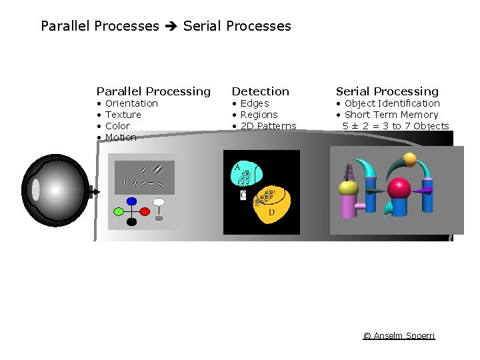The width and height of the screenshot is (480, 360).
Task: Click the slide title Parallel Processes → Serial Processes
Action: coord(166,26)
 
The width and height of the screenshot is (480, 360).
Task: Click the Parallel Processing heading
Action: coord(153,91)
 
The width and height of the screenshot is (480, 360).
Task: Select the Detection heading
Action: coord(260,91)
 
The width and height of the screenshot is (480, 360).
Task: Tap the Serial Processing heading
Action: coord(387,91)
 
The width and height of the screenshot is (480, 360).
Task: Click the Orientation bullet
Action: coord(131,103)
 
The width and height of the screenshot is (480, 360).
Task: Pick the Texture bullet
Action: coord(123,115)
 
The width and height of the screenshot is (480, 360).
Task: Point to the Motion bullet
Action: coord(121,137)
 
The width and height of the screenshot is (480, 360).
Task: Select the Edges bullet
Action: coord(254,103)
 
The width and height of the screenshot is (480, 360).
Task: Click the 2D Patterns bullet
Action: coord(268,126)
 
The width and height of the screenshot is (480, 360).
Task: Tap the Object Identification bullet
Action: coord(392,103)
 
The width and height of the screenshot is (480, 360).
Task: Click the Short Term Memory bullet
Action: coord(391,115)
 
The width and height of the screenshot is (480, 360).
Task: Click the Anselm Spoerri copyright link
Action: coord(399,335)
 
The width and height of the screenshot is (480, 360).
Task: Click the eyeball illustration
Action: coord(55,190)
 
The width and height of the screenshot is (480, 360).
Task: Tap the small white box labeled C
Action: coord(243,195)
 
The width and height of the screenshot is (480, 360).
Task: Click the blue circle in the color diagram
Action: coord(131,201)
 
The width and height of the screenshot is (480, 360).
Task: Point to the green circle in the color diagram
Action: coord(119,212)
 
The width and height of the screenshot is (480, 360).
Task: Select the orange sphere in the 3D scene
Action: coord(410,159)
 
